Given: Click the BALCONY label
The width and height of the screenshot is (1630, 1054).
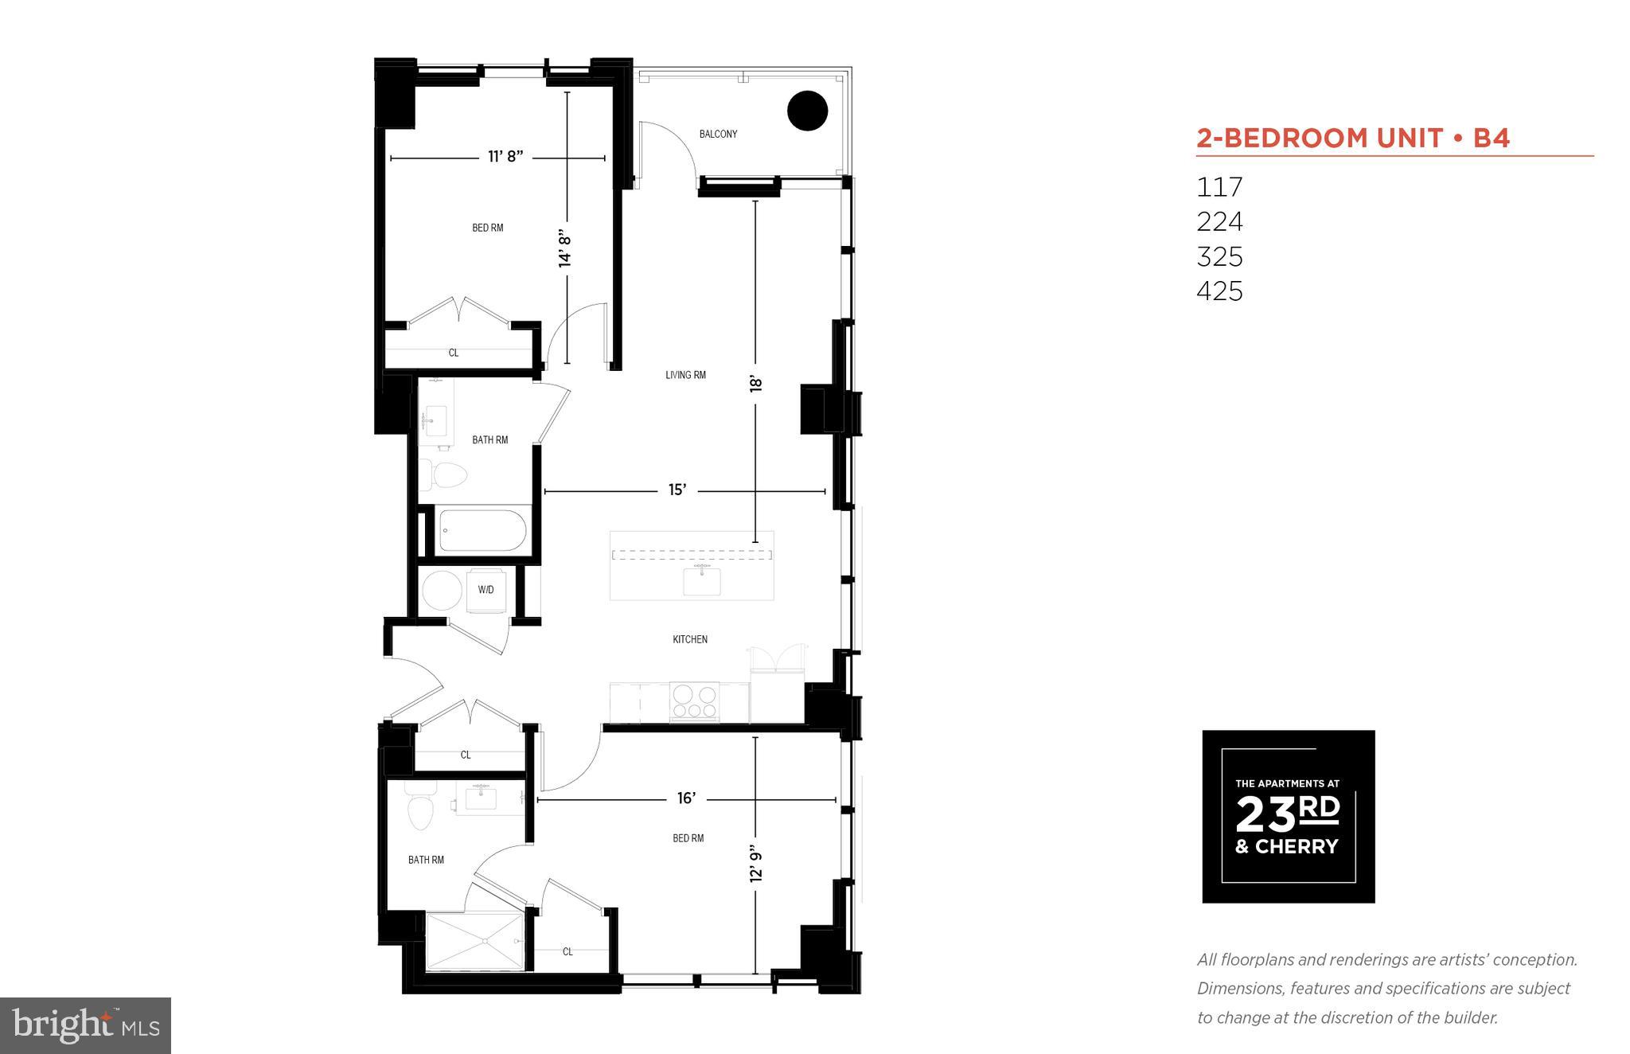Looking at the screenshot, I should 718,134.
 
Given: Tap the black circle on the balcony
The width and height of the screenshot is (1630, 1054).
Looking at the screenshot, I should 807,111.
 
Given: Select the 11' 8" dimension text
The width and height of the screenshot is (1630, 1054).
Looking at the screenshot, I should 505,157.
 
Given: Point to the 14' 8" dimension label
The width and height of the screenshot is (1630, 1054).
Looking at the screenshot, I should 566,248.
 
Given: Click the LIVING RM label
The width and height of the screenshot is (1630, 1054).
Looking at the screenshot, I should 685,375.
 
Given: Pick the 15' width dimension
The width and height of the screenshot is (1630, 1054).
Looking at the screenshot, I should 677,490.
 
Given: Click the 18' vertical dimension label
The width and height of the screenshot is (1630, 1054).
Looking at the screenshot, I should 755,384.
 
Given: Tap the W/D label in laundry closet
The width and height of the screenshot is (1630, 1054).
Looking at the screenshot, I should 485,590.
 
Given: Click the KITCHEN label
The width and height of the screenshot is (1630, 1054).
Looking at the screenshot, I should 689,639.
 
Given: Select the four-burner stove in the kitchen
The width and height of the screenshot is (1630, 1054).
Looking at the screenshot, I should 695,702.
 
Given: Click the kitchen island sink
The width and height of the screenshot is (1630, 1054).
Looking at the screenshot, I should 702,581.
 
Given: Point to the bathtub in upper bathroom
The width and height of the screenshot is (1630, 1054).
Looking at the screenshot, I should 482,530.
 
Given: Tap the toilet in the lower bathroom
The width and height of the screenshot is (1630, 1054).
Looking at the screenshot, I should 419,808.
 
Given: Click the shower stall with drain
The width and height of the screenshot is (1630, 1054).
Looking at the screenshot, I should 475,941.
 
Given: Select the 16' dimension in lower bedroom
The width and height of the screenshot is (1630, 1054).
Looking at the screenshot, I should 686,798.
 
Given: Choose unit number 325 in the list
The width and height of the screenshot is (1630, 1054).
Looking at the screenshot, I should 1219,256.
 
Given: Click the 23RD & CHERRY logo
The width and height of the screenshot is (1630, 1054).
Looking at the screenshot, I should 1288,816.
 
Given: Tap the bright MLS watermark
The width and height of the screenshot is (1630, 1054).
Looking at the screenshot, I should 85,1025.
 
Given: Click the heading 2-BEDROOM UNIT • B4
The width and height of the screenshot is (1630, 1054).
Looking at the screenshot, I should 1353,139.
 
